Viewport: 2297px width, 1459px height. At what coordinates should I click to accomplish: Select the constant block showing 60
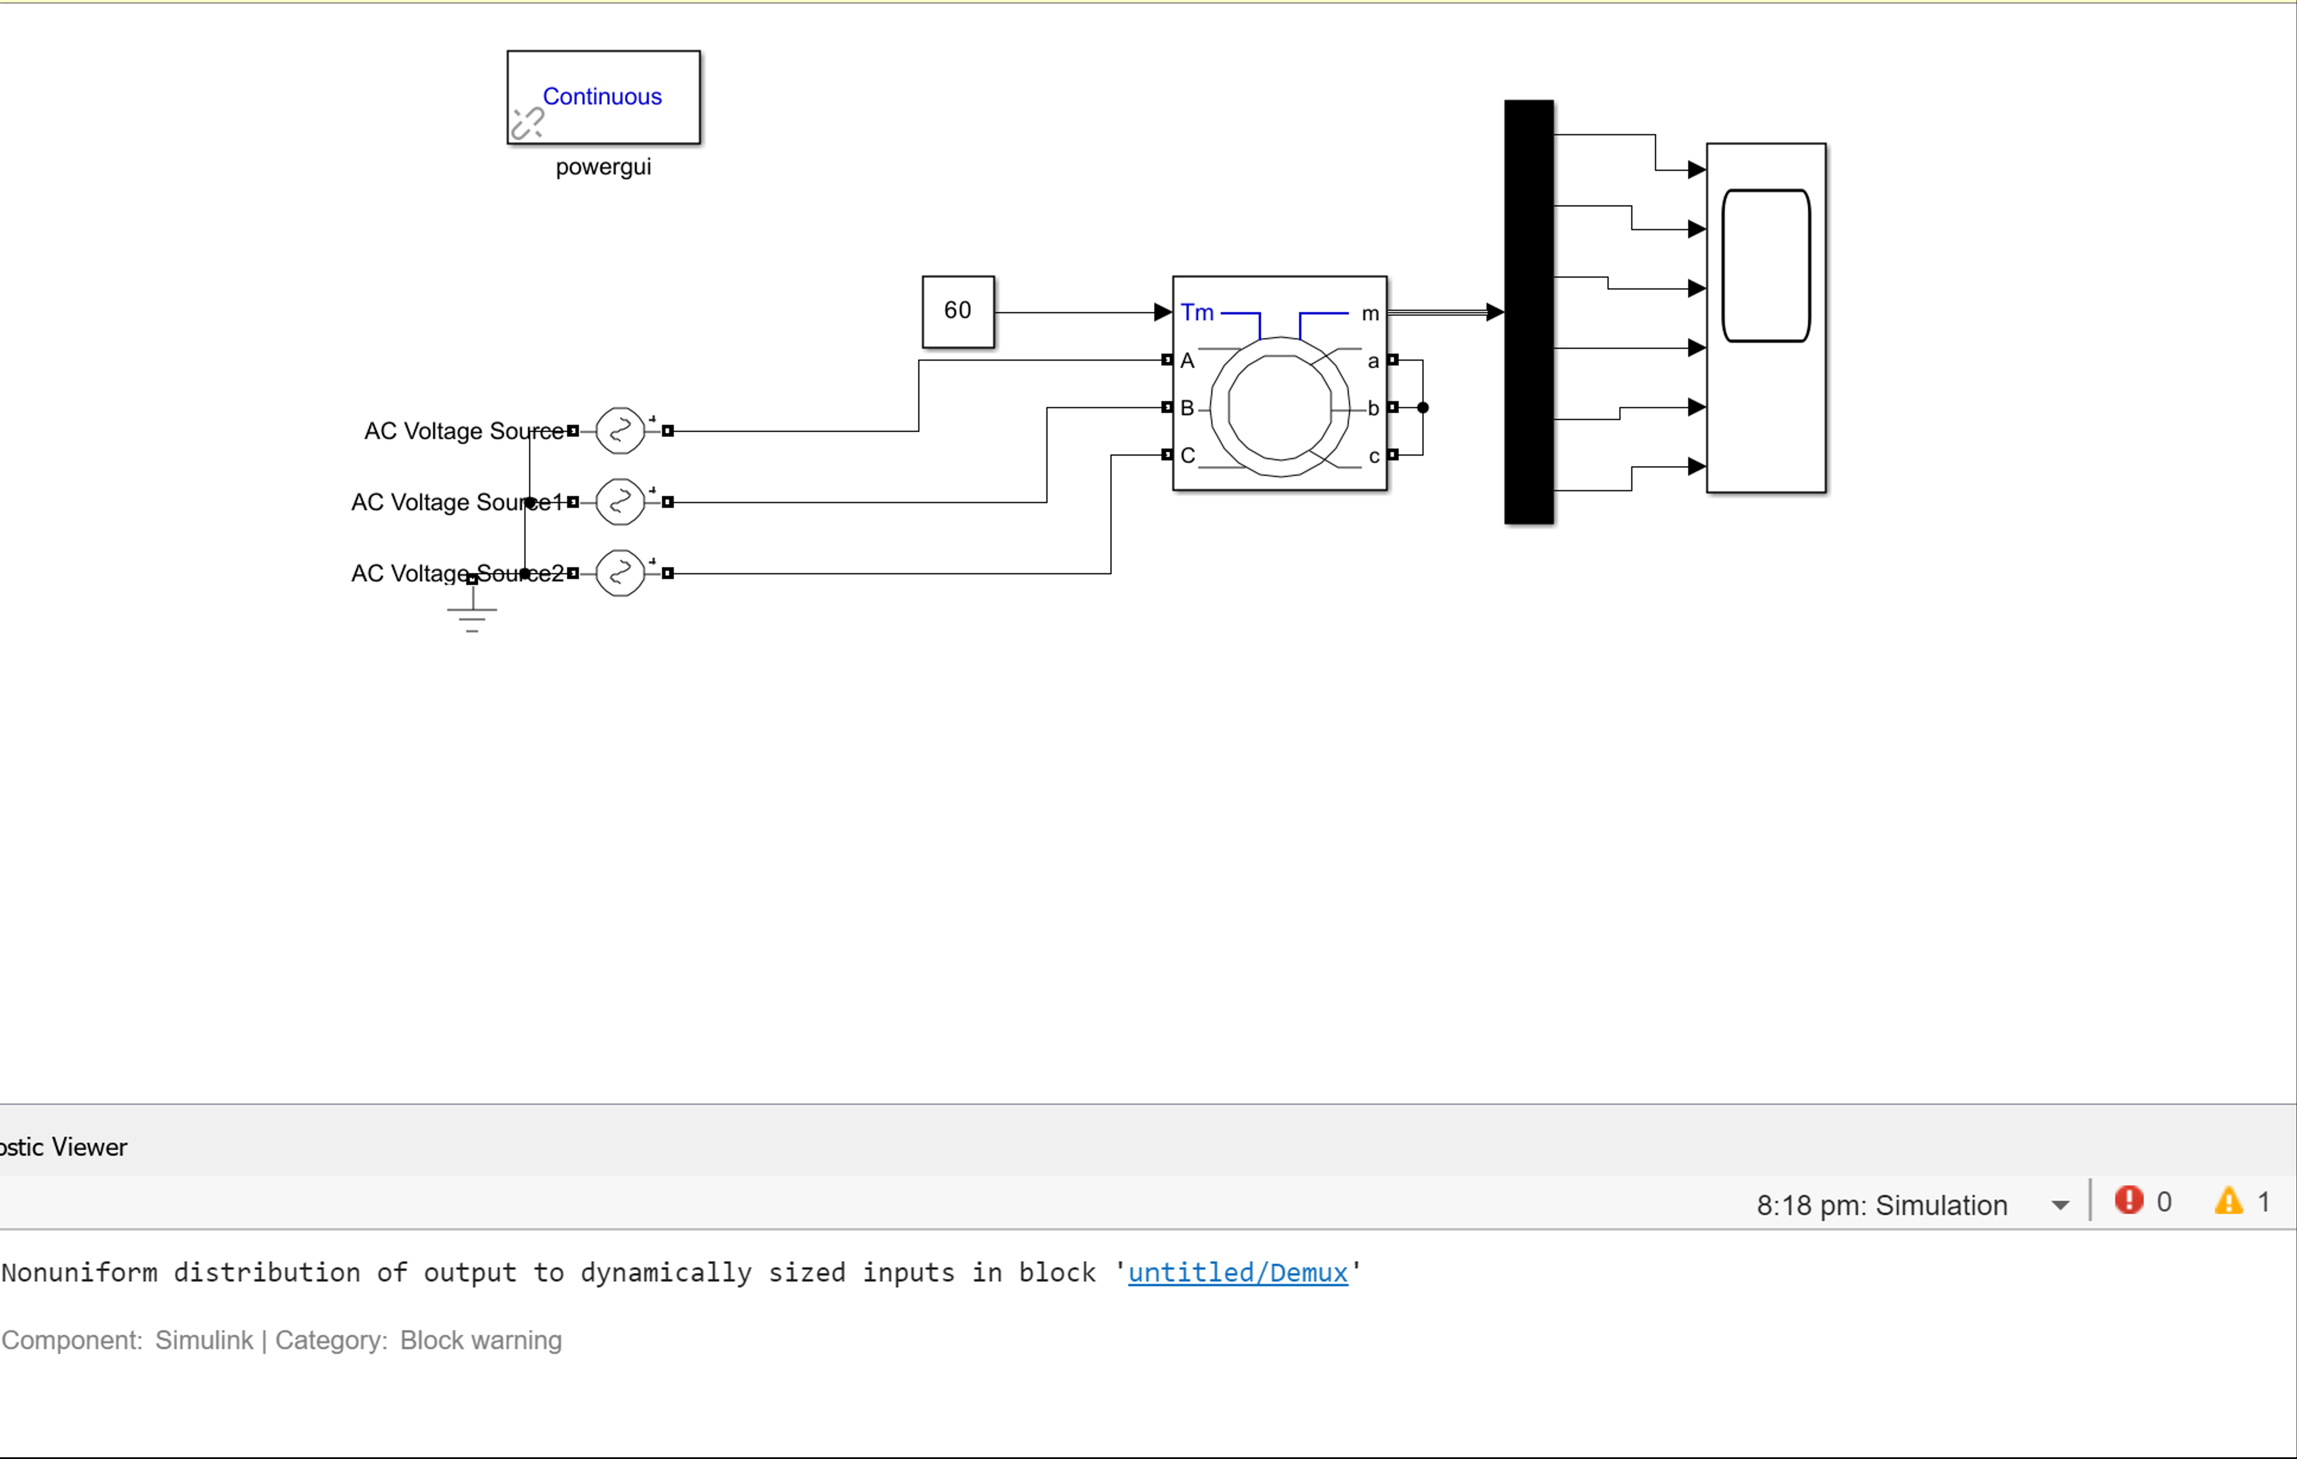click(x=958, y=311)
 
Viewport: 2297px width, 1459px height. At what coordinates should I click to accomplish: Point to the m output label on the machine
click(x=1370, y=313)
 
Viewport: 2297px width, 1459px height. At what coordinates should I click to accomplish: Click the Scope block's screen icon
click(x=1766, y=265)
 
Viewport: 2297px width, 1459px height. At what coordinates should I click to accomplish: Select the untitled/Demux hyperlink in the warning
click(x=1237, y=1272)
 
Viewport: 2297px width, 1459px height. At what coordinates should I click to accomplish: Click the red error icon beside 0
click(x=2128, y=1200)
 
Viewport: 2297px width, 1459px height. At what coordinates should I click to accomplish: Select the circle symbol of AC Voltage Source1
click(x=620, y=502)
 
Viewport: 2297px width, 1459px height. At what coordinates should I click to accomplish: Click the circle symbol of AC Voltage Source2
click(x=620, y=573)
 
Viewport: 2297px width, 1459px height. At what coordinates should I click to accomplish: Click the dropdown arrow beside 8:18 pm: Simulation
click(x=2061, y=1205)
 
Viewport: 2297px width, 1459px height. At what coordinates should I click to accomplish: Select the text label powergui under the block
click(x=603, y=167)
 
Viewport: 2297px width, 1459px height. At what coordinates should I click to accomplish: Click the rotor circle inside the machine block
click(x=1279, y=408)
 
